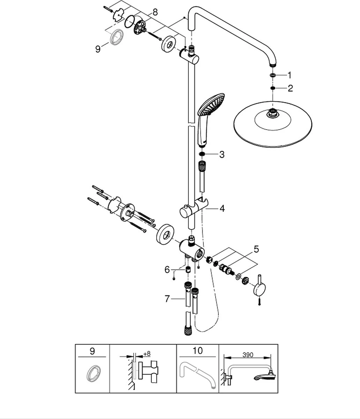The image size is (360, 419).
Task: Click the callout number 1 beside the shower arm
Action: (289, 75)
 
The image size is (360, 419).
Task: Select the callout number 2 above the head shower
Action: (290, 88)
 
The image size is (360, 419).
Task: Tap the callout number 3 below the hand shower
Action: (222, 154)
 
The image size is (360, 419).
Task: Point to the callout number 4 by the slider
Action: (222, 208)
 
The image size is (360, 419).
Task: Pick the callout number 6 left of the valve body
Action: (167, 269)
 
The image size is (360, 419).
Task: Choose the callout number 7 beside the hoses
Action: (167, 299)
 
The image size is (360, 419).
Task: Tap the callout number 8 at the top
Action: (155, 12)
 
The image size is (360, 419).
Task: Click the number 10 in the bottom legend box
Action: (197, 351)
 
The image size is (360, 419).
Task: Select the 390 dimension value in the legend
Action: (248, 355)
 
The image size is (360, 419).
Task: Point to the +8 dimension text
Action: (147, 354)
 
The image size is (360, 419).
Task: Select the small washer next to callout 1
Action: (272, 75)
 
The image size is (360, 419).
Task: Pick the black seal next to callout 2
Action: (272, 88)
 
